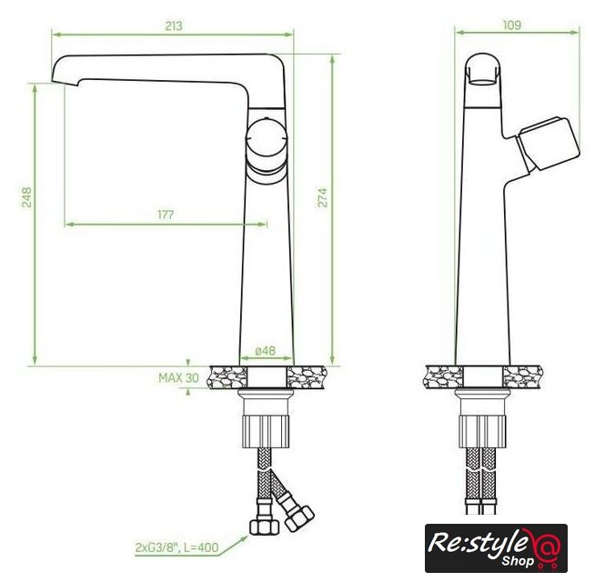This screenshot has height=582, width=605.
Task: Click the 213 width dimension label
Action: [174, 25]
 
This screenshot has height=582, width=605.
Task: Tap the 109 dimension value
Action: [511, 25]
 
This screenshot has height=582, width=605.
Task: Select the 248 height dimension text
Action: [26, 197]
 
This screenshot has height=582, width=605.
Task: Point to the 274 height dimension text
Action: [323, 198]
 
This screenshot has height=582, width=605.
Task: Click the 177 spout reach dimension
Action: [166, 215]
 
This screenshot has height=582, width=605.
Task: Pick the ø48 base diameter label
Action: [266, 351]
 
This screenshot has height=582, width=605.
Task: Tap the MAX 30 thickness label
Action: [178, 377]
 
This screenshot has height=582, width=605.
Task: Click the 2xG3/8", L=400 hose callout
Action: [176, 547]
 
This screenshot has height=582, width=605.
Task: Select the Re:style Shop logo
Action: [496, 548]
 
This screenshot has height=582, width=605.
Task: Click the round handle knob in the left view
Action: [267, 138]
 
